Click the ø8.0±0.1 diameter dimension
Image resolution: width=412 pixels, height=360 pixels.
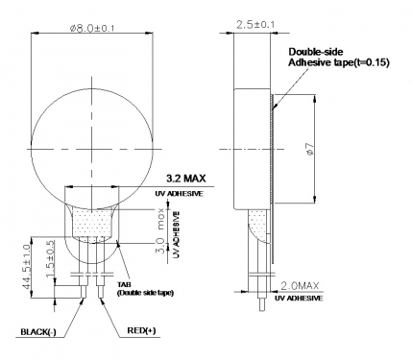click(92, 28)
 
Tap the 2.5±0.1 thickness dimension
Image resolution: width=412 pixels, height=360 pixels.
click(255, 25)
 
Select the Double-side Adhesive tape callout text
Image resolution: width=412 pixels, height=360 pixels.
click(339, 58)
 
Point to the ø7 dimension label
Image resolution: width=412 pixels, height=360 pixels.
click(310, 149)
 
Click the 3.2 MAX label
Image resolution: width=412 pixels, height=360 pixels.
click(186, 179)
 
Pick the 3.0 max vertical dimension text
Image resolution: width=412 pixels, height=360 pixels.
click(161, 231)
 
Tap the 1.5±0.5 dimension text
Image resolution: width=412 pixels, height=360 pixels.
click(51, 259)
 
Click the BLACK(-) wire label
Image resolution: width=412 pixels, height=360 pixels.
click(38, 332)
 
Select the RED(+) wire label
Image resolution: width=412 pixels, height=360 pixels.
click(141, 330)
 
